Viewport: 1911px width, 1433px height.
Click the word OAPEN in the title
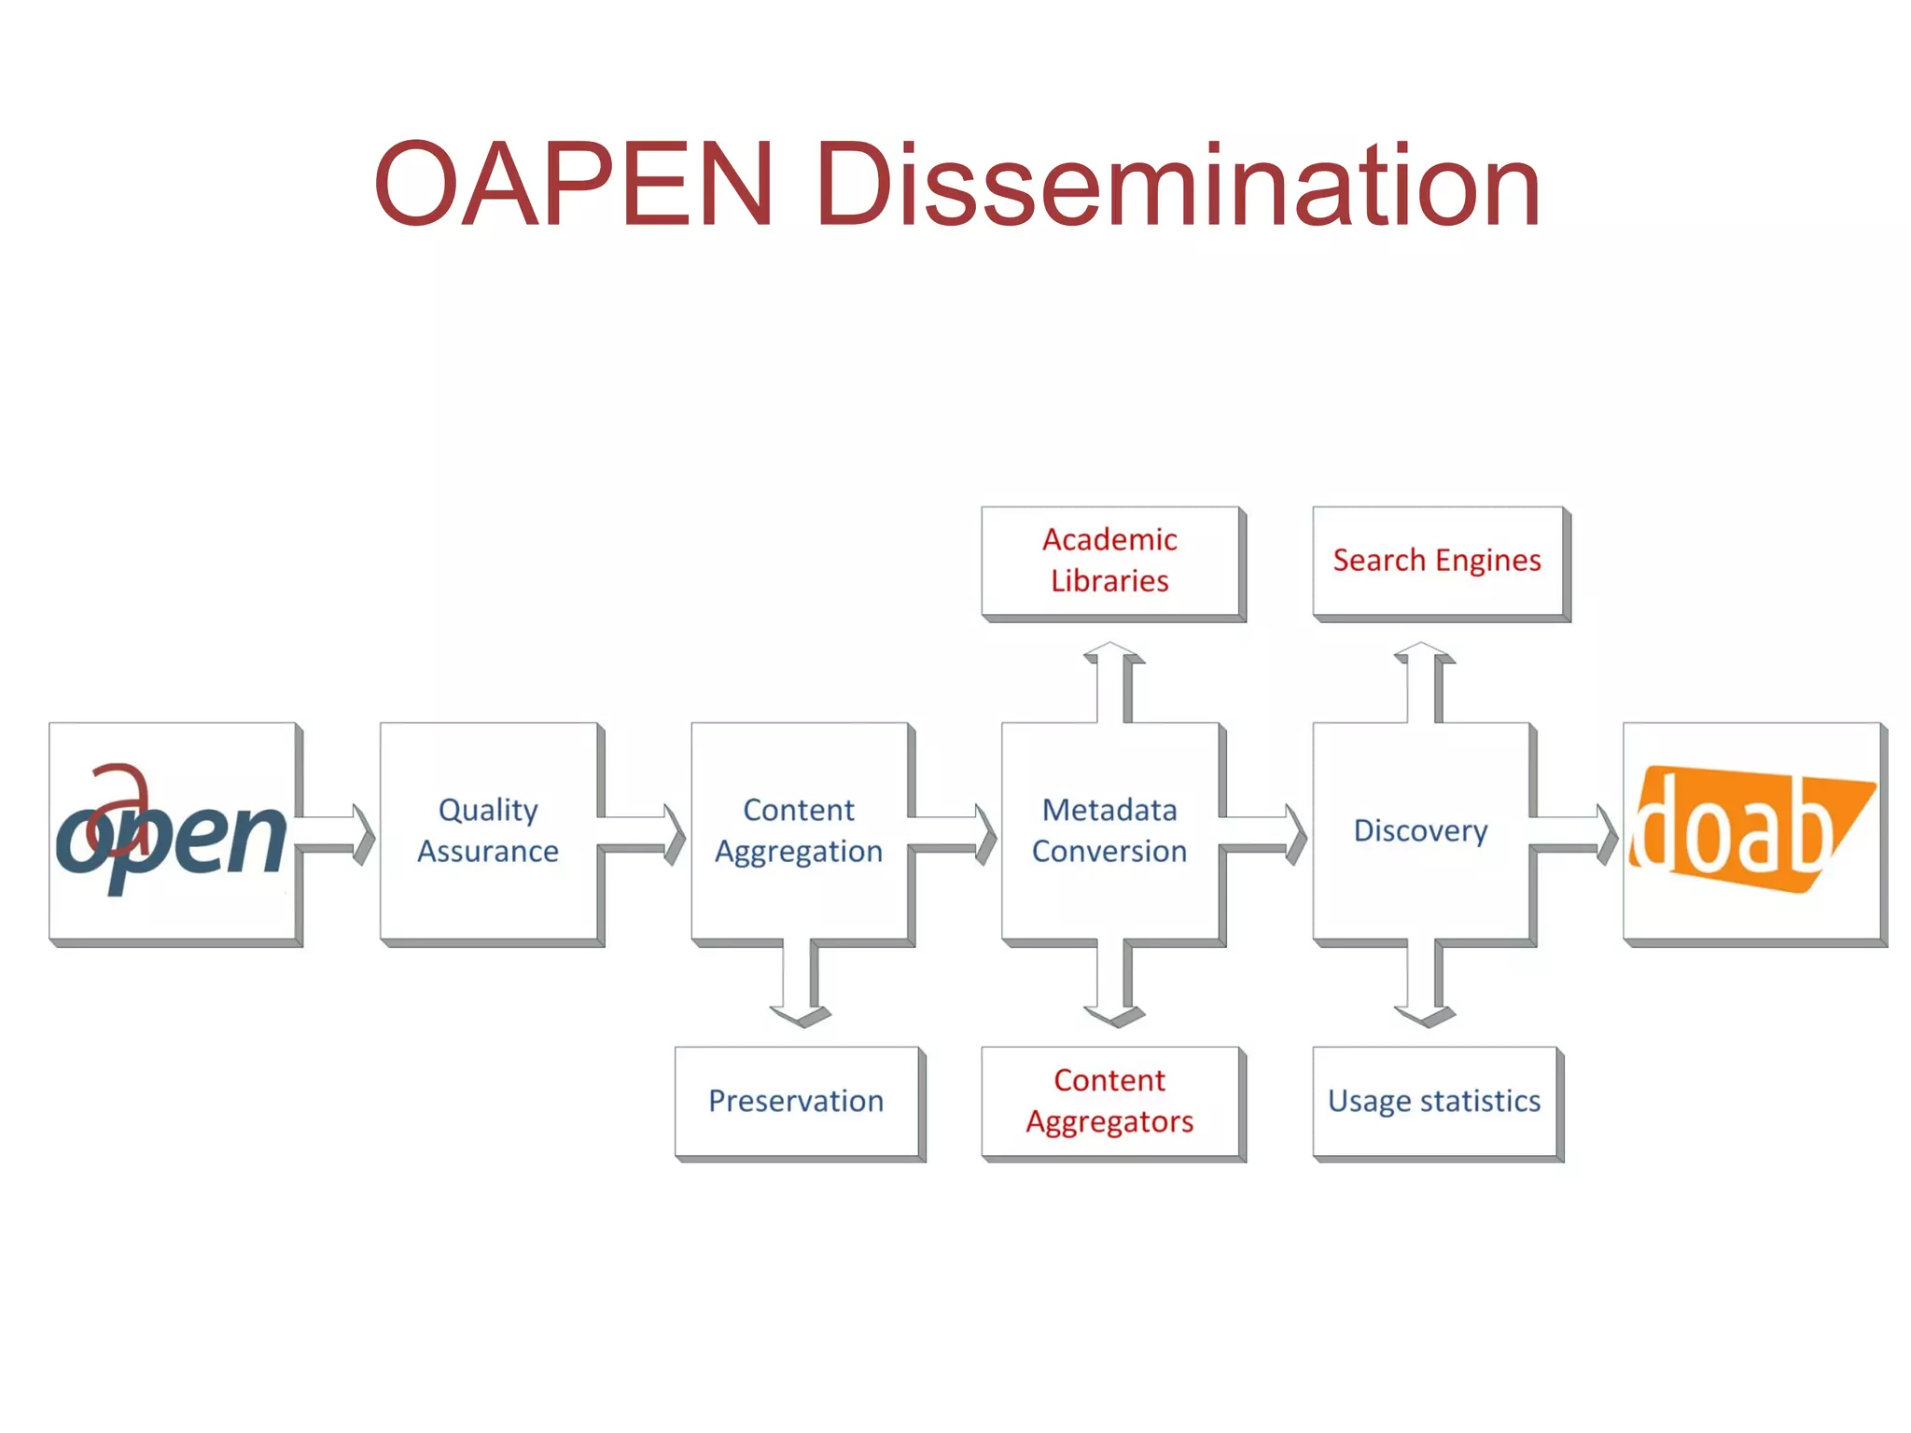tap(573, 183)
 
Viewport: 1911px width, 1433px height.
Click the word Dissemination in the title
tap(1178, 183)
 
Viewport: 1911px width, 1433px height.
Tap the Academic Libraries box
tap(1110, 561)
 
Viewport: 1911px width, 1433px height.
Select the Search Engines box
tap(1437, 561)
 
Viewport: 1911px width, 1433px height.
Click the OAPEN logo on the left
tap(173, 832)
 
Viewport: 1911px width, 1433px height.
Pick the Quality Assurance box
tap(488, 830)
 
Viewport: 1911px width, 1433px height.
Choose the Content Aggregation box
tap(799, 830)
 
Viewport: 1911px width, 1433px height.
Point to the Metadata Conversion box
tap(1109, 830)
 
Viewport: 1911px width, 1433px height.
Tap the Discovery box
tap(1420, 830)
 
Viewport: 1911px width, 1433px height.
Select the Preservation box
tap(796, 1101)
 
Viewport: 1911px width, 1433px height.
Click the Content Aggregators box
tap(1110, 1101)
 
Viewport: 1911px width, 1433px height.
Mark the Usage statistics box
tap(1434, 1101)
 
